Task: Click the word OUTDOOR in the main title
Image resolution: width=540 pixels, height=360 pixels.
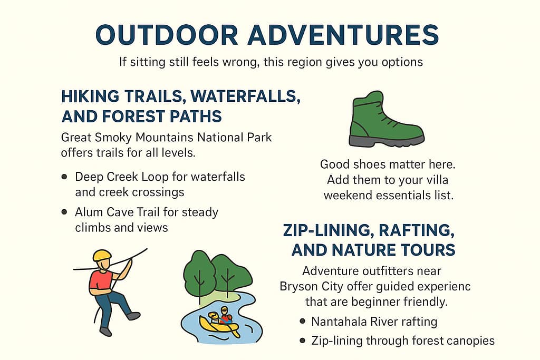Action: click(167, 35)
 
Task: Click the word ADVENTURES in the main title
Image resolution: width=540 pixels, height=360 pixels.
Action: click(343, 35)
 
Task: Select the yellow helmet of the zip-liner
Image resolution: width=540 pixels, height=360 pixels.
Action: click(102, 255)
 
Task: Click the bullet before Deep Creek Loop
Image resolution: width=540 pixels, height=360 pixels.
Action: click(64, 177)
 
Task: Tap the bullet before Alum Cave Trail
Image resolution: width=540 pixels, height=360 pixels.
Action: click(64, 212)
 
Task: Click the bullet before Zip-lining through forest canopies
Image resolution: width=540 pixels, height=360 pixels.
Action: click(302, 340)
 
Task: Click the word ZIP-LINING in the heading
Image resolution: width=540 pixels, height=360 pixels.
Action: click(325, 230)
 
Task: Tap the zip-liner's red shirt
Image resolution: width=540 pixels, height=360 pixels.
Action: click(101, 279)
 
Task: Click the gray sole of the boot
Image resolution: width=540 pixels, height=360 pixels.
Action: click(387, 140)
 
